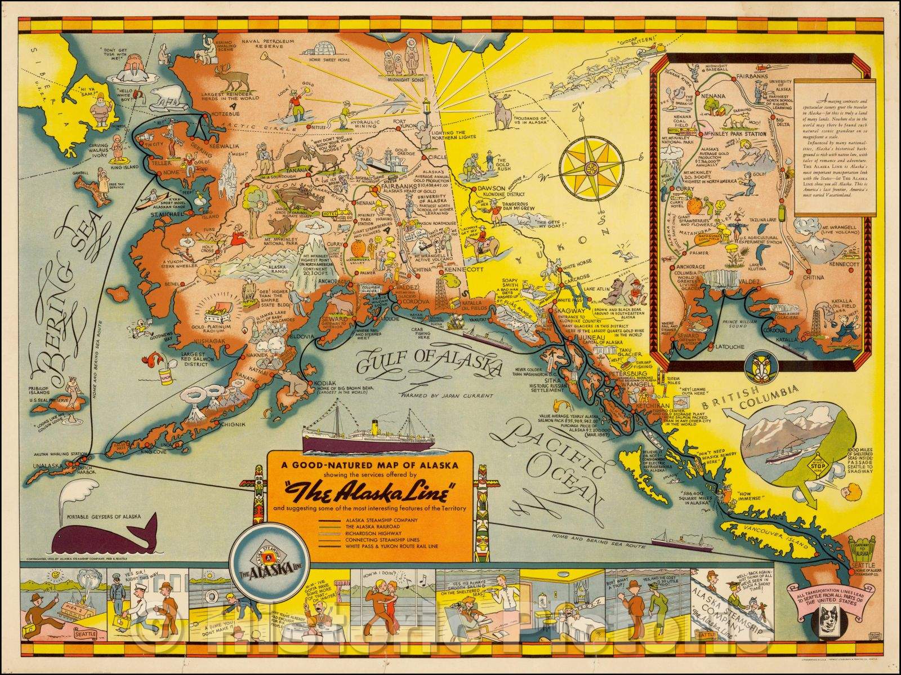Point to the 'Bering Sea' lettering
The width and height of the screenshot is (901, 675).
[x=62, y=316]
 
